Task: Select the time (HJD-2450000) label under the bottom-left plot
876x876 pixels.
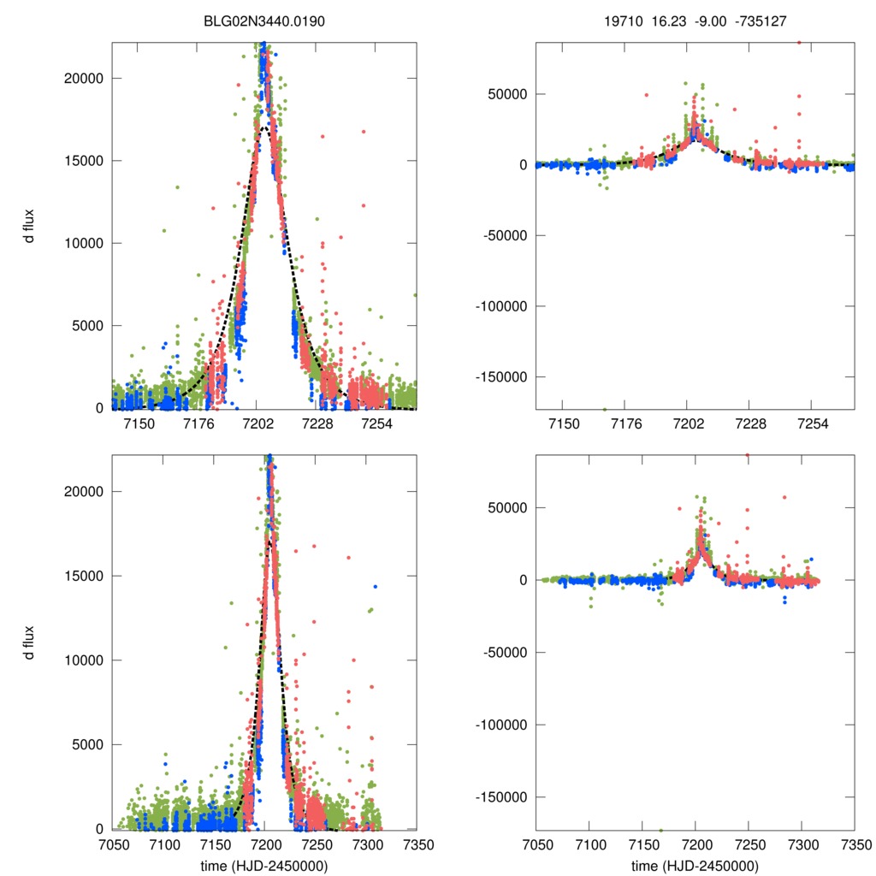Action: point(264,866)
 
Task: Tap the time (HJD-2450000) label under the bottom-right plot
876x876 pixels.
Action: point(695,866)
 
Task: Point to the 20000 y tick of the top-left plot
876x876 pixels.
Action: point(84,78)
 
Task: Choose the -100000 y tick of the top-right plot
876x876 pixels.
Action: point(498,306)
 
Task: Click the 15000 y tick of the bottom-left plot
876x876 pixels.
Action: point(84,576)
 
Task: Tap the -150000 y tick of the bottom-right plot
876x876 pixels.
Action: point(498,797)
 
